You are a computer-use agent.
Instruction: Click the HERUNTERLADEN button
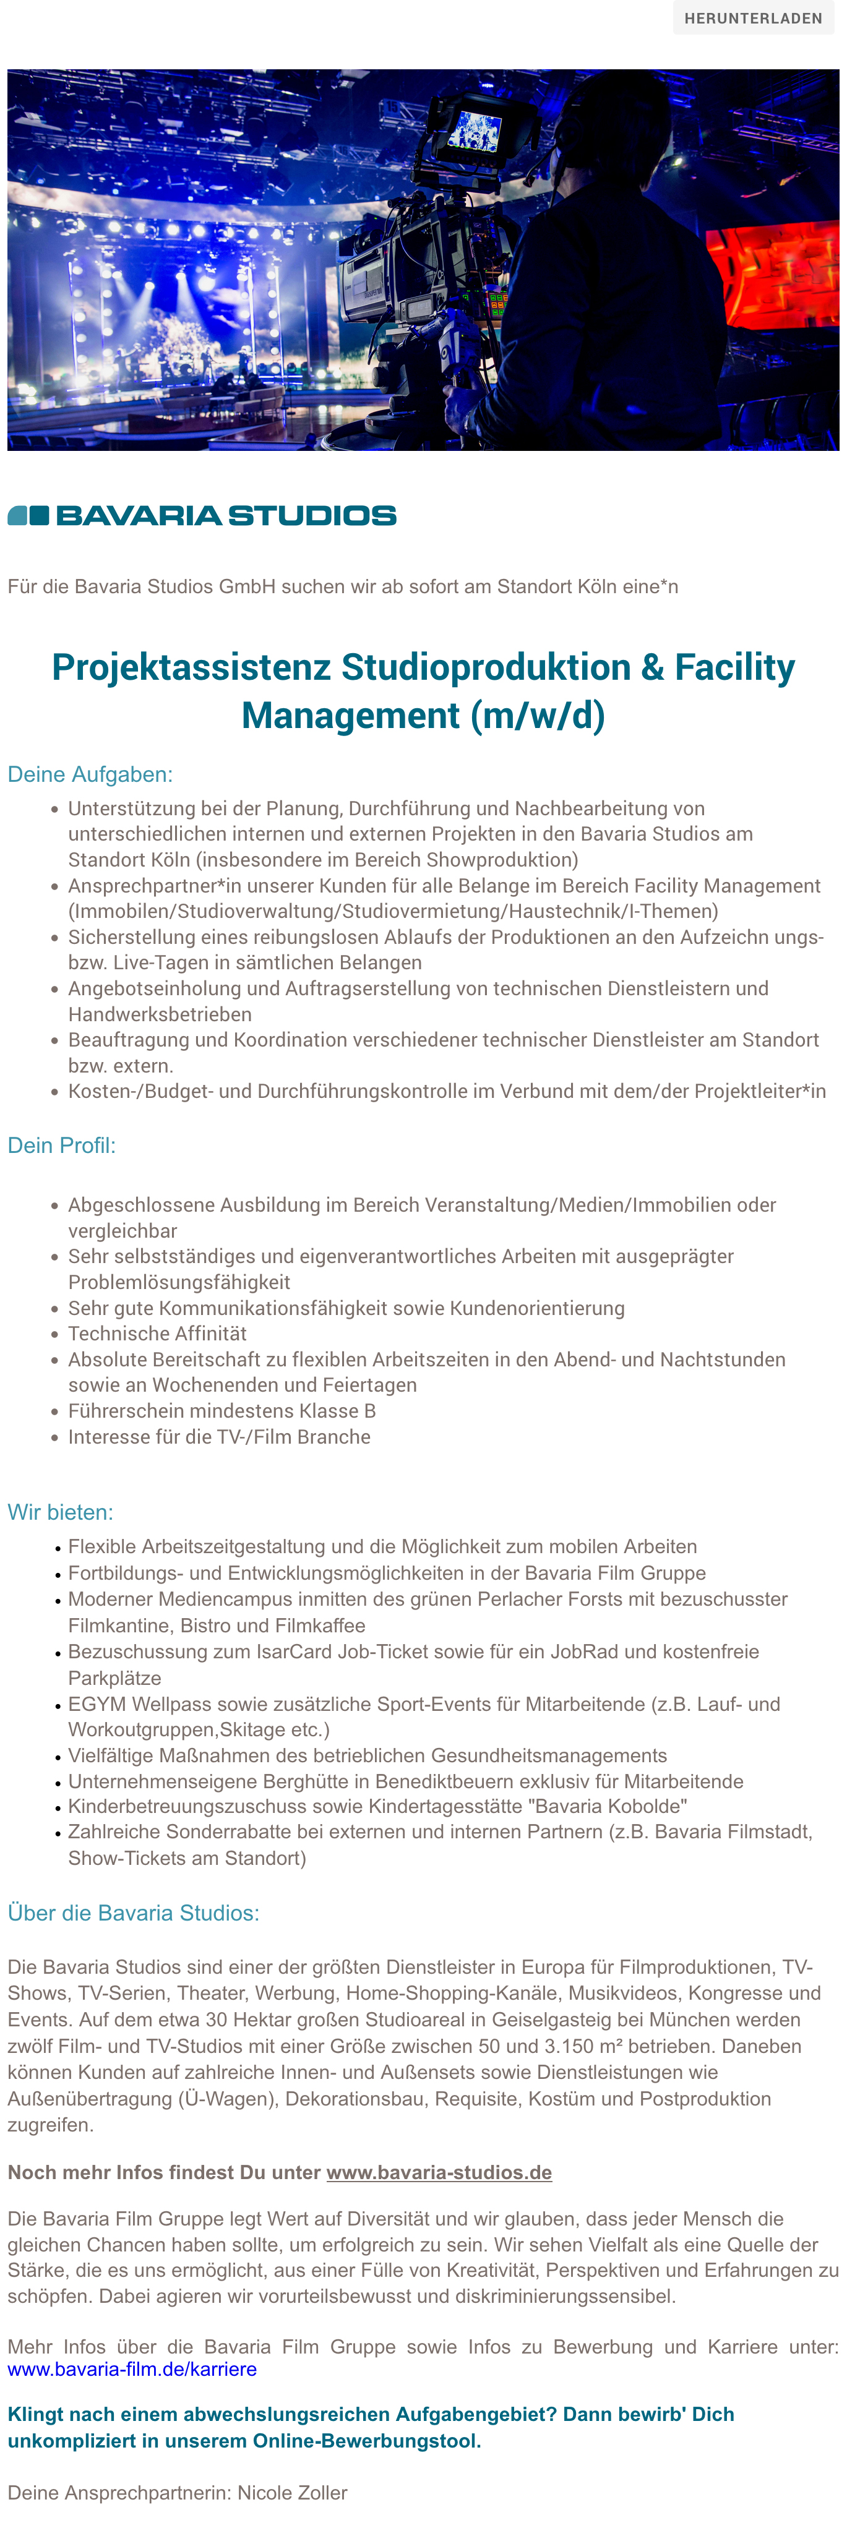coord(752,19)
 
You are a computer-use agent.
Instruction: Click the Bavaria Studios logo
coord(202,515)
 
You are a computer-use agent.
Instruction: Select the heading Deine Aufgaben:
coord(90,775)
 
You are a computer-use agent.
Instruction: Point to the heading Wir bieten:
coord(60,1512)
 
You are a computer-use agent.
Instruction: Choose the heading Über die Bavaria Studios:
coord(133,1913)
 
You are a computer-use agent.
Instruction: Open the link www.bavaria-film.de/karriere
coord(132,2368)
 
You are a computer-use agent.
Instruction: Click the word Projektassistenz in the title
coord(191,667)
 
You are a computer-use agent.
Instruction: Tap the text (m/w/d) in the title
coord(538,716)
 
